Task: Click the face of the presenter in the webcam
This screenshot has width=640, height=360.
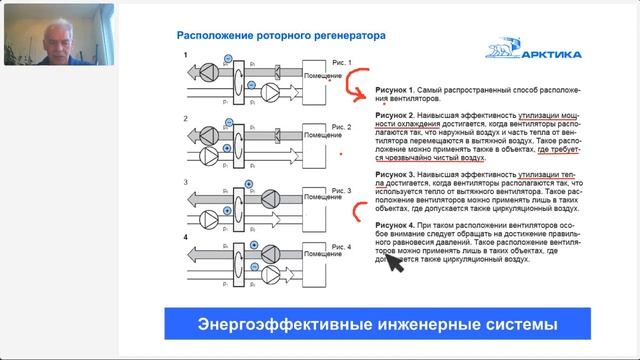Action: click(49, 34)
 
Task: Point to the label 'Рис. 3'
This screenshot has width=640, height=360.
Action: click(342, 186)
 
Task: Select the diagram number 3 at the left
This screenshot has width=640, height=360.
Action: click(185, 181)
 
